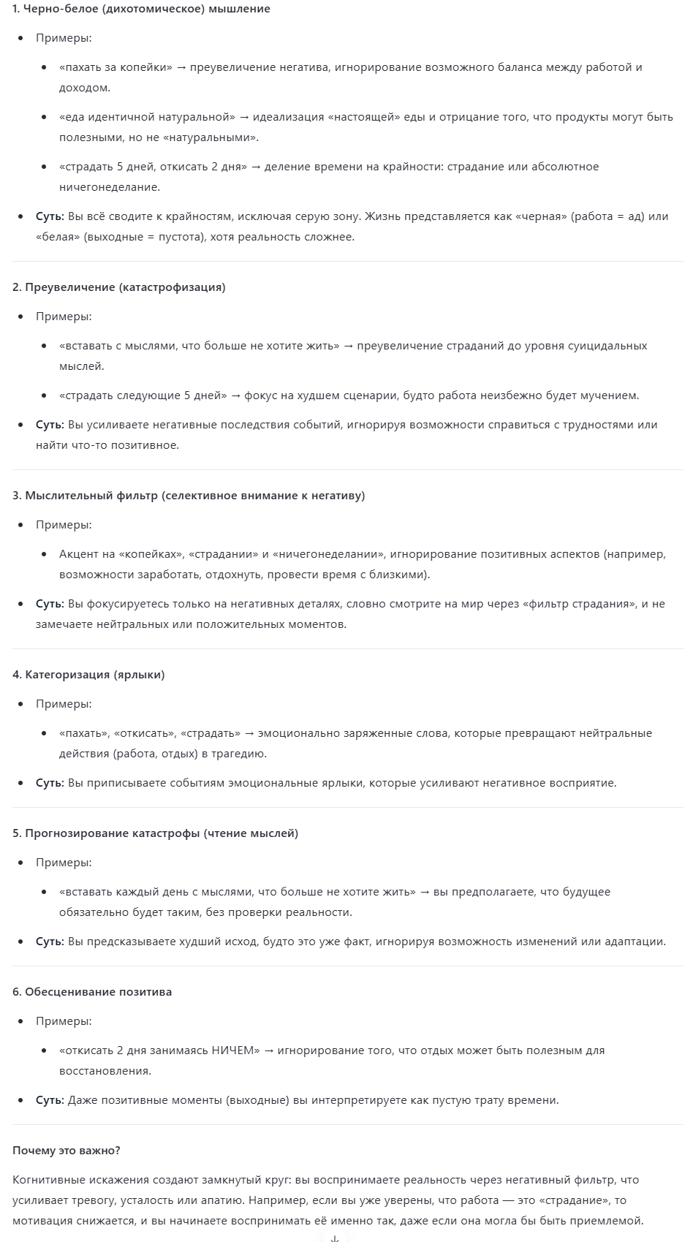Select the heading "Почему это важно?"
[67, 1151]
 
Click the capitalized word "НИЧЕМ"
[235, 1050]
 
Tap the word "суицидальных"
[610, 346]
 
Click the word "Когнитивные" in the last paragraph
[47, 1180]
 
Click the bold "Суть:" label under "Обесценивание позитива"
[50, 1100]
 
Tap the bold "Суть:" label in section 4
[50, 783]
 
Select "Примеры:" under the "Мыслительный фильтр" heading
[64, 525]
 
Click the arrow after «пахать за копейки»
[182, 67]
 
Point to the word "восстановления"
[105, 1071]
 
